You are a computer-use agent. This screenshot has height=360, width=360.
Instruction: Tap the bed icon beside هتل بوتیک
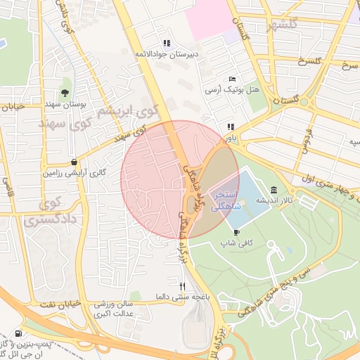233,79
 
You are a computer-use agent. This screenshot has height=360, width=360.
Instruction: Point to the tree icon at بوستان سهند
65,92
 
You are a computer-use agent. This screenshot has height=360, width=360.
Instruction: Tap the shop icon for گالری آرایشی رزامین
74,161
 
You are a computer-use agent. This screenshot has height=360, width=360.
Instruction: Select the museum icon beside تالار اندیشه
273,190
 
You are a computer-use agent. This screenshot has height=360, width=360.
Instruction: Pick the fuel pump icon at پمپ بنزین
18,333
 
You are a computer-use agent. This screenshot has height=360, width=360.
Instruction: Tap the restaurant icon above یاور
230,127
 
